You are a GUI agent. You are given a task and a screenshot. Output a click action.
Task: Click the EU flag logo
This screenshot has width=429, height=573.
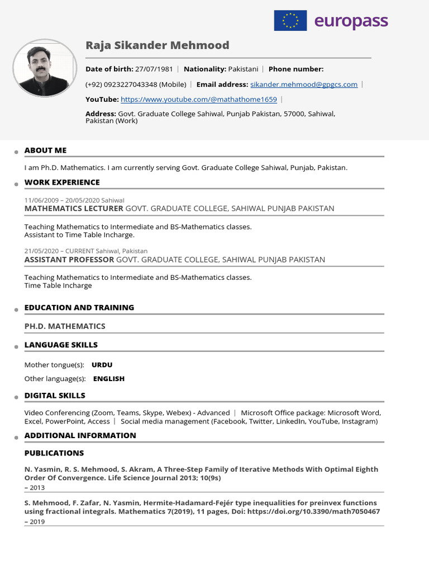[290, 21]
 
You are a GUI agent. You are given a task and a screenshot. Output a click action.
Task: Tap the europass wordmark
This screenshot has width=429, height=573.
[351, 21]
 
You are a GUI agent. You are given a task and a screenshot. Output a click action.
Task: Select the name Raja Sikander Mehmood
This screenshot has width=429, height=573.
[157, 45]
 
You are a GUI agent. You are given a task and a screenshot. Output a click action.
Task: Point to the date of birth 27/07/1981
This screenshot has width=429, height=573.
[154, 69]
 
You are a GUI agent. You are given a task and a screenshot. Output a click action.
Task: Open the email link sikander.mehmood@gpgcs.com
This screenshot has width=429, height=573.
[304, 84]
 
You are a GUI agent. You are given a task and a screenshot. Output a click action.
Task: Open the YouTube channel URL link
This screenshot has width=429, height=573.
[199, 100]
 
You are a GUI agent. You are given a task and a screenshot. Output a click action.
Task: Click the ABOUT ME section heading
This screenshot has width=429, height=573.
[45, 151]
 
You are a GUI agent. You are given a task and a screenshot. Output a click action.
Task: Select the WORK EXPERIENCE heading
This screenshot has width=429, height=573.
[62, 182]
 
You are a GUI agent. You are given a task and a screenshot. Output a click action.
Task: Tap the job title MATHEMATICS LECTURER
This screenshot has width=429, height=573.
[74, 208]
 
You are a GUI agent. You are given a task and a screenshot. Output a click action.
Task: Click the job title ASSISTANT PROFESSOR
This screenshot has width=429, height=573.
[69, 260]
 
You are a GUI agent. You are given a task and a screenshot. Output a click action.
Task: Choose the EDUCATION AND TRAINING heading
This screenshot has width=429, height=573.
[79, 308]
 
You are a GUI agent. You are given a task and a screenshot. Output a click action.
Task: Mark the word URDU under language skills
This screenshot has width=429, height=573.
[102, 365]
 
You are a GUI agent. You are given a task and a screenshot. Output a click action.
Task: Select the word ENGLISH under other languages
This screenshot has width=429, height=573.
[109, 379]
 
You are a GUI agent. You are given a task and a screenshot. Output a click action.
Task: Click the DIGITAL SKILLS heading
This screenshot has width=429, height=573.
[55, 396]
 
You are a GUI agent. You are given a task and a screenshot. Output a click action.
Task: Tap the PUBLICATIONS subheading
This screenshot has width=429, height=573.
[54, 453]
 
